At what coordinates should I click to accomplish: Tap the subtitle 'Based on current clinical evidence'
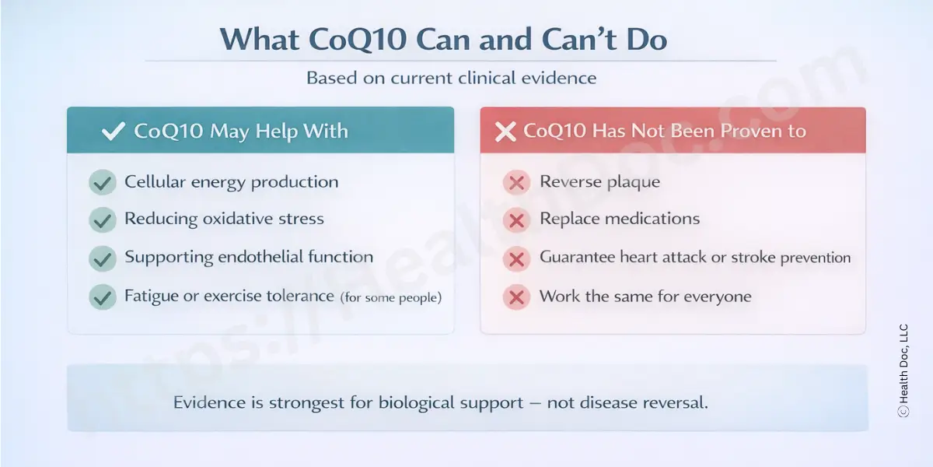[x=451, y=79]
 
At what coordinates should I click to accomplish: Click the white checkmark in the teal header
[x=114, y=131]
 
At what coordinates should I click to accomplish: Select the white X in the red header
[x=505, y=132]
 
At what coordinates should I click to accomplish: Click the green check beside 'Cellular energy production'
[x=102, y=183]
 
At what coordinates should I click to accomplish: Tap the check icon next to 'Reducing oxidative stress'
[x=102, y=220]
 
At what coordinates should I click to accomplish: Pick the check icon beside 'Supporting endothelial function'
[x=102, y=258]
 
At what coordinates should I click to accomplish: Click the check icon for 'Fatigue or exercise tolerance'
[x=102, y=297]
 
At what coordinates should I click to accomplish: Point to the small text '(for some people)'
[x=390, y=297]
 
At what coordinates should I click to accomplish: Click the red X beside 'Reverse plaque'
[x=515, y=183]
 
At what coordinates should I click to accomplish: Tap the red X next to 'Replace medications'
[x=515, y=220]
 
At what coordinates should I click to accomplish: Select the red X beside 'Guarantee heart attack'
[x=515, y=258]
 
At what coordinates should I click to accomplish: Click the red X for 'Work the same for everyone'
[x=515, y=297]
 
